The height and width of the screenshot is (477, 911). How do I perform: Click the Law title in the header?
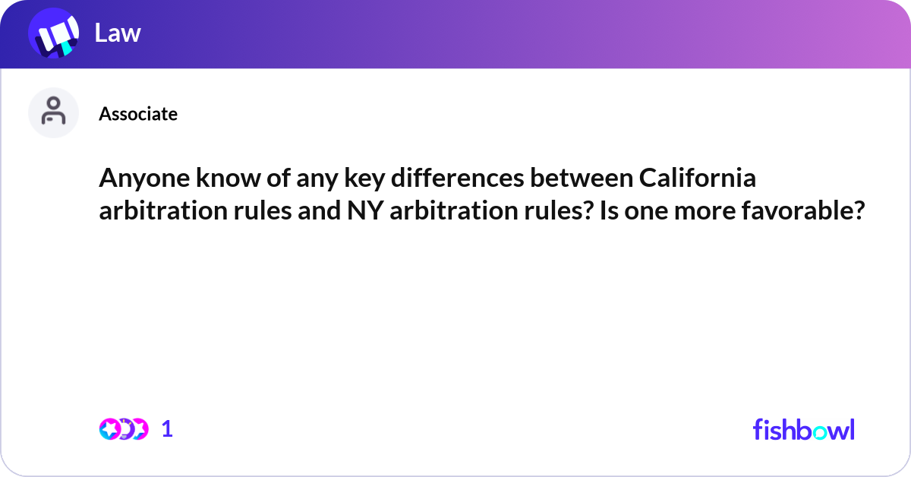(x=118, y=33)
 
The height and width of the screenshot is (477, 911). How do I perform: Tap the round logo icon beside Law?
(x=54, y=34)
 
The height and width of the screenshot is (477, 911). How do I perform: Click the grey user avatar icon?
(x=53, y=112)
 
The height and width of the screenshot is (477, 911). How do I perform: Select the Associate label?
(x=138, y=114)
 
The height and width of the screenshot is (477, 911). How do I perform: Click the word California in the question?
(x=697, y=178)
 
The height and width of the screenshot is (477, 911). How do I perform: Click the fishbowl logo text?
(x=803, y=429)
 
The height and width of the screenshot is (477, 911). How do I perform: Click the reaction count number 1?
(x=167, y=429)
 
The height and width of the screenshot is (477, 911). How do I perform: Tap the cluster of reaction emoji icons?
(x=123, y=429)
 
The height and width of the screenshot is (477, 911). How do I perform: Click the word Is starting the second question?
(x=609, y=210)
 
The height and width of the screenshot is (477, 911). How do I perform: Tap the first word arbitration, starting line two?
(x=150, y=210)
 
